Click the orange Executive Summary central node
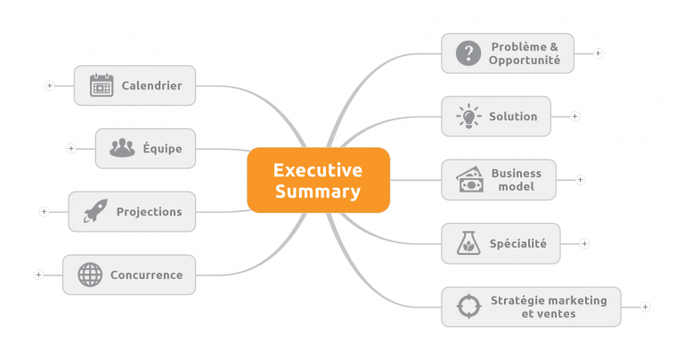(318, 180)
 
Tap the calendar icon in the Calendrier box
(102, 85)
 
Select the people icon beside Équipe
(122, 148)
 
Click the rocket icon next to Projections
(95, 211)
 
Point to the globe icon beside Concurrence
(90, 274)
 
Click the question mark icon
(468, 53)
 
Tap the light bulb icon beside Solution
(468, 116)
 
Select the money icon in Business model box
(470, 179)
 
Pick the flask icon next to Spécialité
(468, 243)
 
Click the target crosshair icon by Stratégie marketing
(469, 307)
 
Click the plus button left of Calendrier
(50, 86)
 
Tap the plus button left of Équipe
(71, 149)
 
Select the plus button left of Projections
(44, 212)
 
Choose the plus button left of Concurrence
(38, 275)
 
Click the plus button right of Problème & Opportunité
(598, 53)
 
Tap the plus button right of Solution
(575, 117)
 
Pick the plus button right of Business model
(580, 180)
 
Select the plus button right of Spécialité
(584, 243)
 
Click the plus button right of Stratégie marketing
(645, 307)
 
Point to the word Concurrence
(147, 275)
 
